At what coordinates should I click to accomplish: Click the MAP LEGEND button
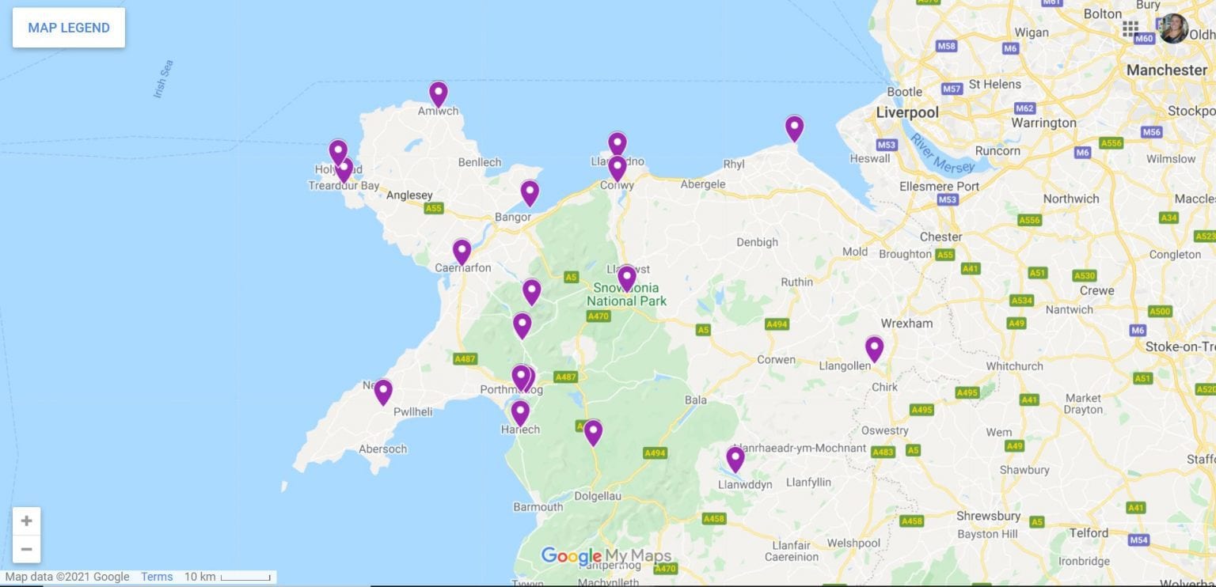(x=69, y=28)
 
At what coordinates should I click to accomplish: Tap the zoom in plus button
(x=26, y=521)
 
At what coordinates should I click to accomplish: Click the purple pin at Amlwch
(x=438, y=93)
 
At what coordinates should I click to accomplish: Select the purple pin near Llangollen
(x=874, y=348)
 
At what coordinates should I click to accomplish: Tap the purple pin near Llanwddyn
(x=735, y=459)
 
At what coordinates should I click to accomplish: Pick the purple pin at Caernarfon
(x=462, y=252)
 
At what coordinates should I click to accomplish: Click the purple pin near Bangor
(x=530, y=192)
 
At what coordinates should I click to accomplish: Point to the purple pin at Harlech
(x=520, y=412)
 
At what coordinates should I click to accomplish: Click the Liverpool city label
(x=907, y=112)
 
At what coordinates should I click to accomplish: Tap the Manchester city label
(x=1166, y=70)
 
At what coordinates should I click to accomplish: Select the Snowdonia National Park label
(x=626, y=294)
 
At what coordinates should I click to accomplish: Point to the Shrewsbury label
(x=988, y=516)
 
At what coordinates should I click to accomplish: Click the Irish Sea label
(x=163, y=79)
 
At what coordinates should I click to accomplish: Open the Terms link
(x=157, y=577)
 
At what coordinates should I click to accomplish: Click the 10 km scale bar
(x=230, y=577)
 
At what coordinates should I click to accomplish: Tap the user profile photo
(x=1173, y=28)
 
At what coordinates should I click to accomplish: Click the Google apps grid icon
(x=1130, y=28)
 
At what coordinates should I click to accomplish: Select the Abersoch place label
(x=382, y=449)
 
